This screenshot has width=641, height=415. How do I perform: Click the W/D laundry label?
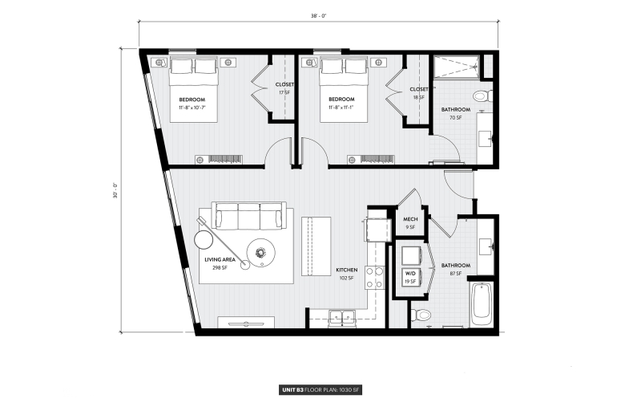tap(410, 277)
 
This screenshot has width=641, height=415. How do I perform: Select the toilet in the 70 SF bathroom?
tap(481, 96)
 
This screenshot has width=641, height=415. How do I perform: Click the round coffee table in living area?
tap(261, 254)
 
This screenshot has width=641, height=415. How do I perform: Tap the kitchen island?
tap(316, 246)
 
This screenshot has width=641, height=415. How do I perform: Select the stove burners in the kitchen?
tap(374, 277)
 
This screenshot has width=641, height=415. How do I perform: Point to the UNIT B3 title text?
tap(290, 389)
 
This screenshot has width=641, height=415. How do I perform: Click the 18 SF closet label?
tap(418, 92)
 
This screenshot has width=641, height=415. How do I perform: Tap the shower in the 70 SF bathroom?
tap(457, 67)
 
